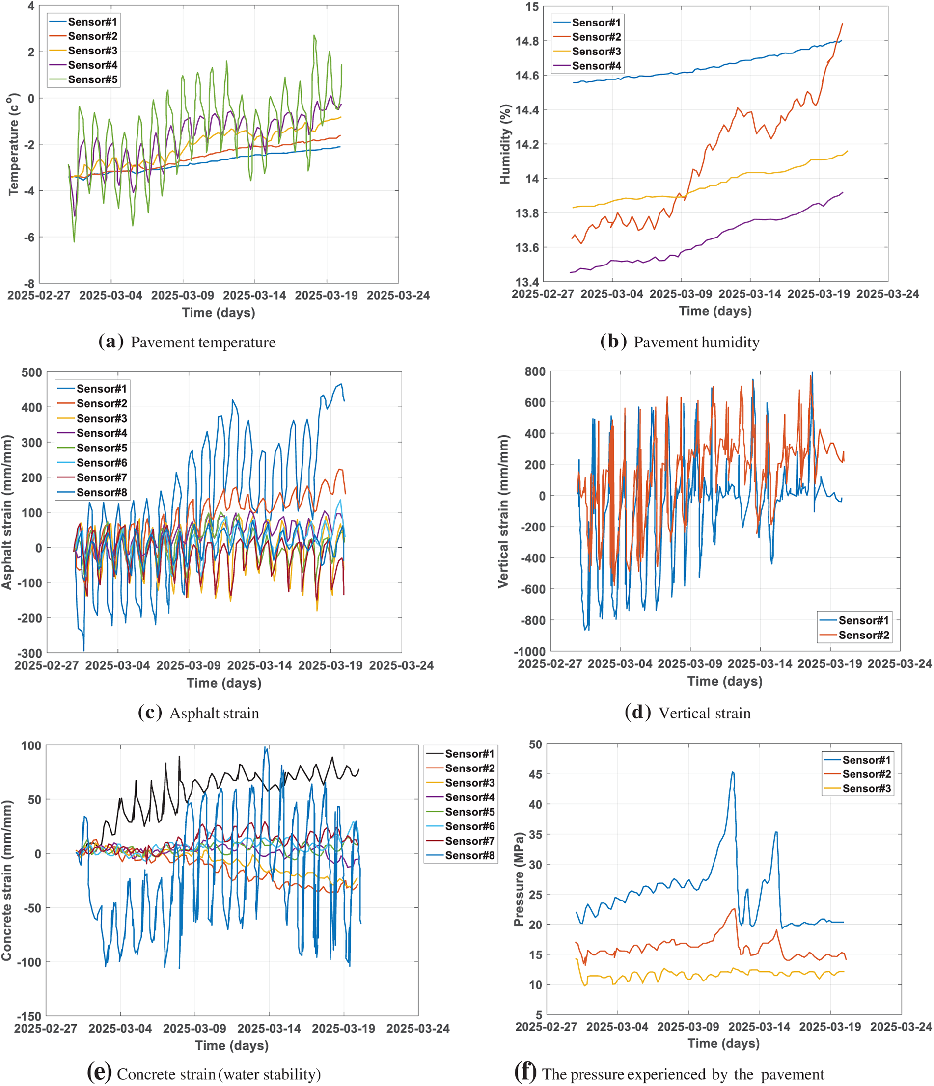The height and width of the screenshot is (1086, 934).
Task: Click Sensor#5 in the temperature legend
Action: [x=92, y=79]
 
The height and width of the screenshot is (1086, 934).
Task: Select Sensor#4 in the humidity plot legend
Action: [x=596, y=66]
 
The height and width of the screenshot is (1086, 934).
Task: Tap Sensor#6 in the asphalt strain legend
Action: [x=101, y=463]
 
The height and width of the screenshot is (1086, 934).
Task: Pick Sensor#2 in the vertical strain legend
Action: [x=863, y=635]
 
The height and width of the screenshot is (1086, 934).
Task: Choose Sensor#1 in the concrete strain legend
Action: [x=469, y=754]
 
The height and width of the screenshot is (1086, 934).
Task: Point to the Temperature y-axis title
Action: [x=14, y=144]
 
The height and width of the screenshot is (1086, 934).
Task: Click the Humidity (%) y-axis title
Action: [x=505, y=144]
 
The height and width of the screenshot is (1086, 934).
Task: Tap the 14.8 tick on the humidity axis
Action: [x=527, y=41]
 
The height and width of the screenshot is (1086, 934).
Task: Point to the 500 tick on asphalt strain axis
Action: [x=31, y=372]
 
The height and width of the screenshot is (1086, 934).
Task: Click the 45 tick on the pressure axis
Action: [x=535, y=774]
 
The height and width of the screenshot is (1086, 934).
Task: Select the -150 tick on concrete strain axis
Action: [x=30, y=1016]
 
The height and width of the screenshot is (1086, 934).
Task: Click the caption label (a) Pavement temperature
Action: [x=187, y=342]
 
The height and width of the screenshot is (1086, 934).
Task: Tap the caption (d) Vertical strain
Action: [x=687, y=713]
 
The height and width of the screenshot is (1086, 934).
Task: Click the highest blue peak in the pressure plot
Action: [x=732, y=772]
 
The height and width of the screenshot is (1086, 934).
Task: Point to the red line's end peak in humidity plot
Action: [x=842, y=24]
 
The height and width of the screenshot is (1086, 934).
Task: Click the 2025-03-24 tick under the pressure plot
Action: [x=901, y=1026]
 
